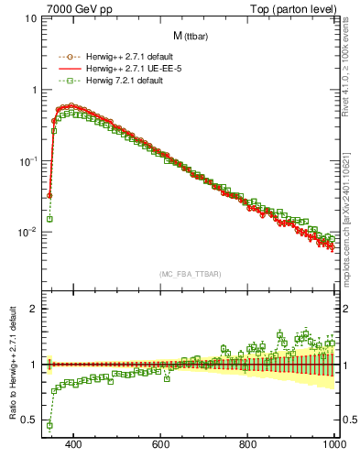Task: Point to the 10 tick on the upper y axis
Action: [30, 18]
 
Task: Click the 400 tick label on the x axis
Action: [74, 444]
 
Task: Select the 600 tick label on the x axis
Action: [161, 444]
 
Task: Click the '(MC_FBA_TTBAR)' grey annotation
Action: [190, 273]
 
